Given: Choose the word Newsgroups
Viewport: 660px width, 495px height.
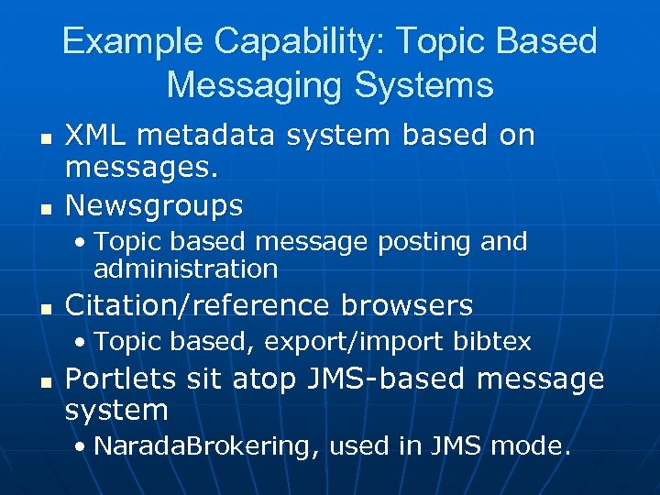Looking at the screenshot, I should (x=154, y=204).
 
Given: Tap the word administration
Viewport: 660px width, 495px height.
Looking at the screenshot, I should (x=185, y=269).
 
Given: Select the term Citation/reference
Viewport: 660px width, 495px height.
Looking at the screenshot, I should (x=197, y=305).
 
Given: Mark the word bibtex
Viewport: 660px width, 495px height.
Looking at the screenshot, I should (x=494, y=342).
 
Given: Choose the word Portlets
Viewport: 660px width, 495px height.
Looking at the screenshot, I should (x=116, y=379).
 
